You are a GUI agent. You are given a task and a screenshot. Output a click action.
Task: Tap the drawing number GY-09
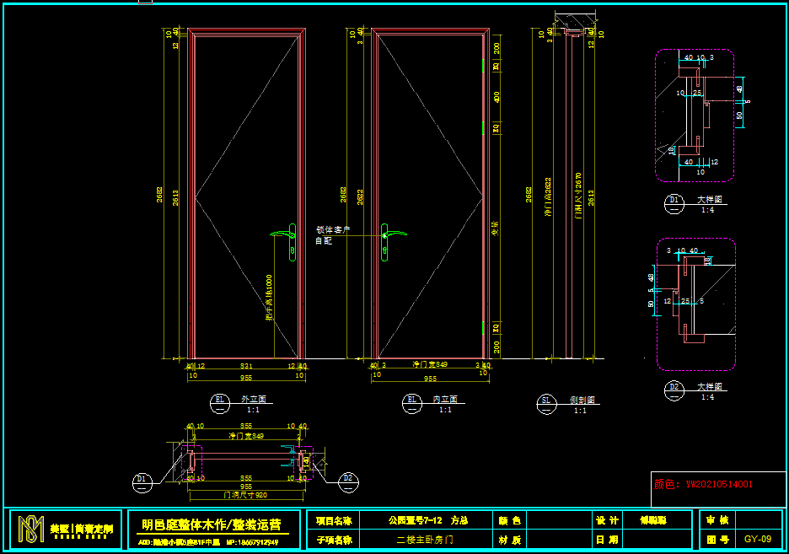coord(757,538)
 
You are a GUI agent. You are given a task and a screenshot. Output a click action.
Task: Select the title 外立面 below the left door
coord(253,399)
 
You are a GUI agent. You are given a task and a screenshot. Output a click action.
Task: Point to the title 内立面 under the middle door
coord(443,399)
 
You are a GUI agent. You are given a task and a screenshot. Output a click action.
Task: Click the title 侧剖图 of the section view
coord(579,400)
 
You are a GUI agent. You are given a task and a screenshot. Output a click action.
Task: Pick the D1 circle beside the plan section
coord(142,480)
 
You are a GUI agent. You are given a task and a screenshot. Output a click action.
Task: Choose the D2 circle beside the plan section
coord(347,480)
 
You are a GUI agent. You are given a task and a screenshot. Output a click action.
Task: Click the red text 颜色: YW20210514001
coord(704,484)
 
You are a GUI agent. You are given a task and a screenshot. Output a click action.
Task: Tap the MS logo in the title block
coord(31,530)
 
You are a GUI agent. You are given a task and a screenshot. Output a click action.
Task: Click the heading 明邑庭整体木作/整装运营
coord(212,524)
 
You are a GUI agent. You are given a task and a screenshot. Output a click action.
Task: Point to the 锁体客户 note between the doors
coord(332,229)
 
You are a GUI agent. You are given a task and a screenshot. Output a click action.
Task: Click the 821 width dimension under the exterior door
coord(246,366)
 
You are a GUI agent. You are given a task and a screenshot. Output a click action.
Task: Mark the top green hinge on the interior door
coord(483,65)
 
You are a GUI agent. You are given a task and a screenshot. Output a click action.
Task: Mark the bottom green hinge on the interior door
coord(483,326)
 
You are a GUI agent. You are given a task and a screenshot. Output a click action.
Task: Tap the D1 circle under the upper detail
coord(674,201)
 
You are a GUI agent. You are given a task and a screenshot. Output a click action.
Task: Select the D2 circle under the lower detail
coord(674,389)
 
